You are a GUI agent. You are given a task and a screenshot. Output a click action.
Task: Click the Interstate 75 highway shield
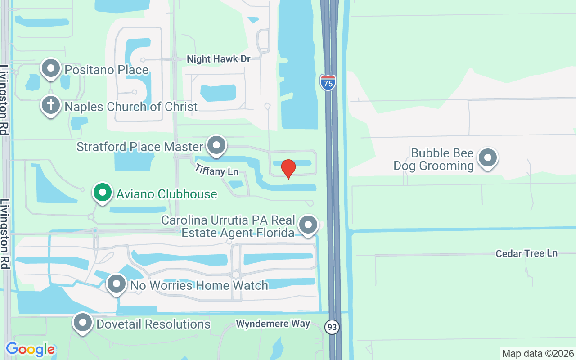click(x=328, y=82)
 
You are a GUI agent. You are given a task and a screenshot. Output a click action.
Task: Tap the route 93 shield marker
click(x=332, y=327)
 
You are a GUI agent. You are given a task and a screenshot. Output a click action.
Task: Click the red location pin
click(x=288, y=169)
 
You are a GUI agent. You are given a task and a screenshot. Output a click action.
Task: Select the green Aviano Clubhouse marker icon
click(x=103, y=193)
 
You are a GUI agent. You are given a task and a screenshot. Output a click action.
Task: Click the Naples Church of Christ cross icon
click(x=51, y=106)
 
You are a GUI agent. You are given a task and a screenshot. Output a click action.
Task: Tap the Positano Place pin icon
click(x=51, y=69)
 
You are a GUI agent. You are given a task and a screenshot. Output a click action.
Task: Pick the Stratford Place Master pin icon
click(x=216, y=145)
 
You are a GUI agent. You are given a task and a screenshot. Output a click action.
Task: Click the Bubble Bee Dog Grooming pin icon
click(x=487, y=158)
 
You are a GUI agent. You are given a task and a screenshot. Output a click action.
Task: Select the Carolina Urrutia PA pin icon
click(x=308, y=225)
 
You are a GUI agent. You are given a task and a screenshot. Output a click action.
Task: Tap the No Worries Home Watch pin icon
click(x=117, y=284)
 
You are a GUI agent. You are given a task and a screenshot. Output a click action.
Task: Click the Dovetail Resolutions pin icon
click(x=83, y=323)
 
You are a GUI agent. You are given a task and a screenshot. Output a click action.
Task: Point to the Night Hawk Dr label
click(x=218, y=59)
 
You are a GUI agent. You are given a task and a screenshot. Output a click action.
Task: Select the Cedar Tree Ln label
click(x=526, y=253)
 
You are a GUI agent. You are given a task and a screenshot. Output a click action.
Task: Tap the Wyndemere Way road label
click(x=273, y=324)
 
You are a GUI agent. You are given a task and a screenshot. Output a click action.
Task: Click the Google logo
click(x=30, y=349)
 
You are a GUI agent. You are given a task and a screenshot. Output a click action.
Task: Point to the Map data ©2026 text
click(x=538, y=353)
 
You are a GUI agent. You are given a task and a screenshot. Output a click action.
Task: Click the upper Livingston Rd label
click(x=4, y=100)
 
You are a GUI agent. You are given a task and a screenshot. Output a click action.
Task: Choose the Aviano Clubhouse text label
click(x=166, y=194)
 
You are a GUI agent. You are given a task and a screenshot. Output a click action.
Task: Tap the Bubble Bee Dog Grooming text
click(x=434, y=159)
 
